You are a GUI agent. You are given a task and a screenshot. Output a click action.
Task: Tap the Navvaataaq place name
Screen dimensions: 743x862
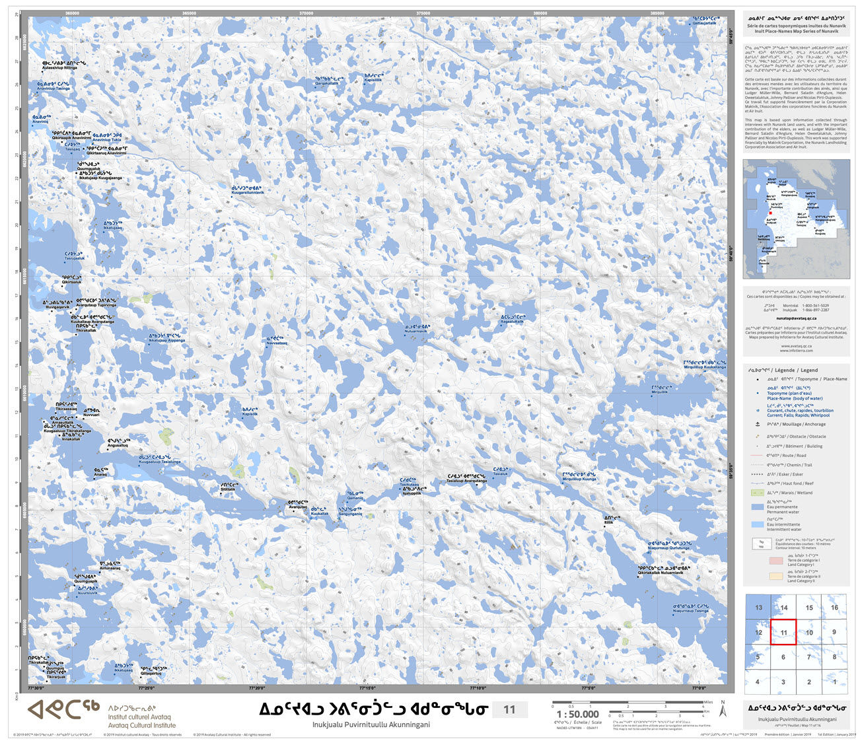(277, 343)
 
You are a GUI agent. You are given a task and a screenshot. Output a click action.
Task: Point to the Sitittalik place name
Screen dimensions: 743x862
(228, 489)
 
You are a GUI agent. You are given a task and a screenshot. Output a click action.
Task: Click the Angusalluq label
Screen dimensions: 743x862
(118, 446)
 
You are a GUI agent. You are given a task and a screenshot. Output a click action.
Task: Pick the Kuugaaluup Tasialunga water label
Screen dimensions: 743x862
(159, 462)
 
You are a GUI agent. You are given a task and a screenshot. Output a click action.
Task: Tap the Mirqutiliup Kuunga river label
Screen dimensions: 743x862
(579, 479)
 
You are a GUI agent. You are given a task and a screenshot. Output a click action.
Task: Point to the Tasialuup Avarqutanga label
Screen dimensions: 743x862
(466, 481)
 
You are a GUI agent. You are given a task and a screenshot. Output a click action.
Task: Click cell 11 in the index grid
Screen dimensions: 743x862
(783, 632)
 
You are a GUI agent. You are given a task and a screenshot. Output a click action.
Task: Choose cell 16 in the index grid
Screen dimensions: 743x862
(834, 607)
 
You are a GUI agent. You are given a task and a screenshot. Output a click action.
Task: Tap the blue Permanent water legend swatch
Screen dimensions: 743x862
(758, 507)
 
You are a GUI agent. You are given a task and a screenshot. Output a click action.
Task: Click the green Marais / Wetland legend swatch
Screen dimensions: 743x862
(758, 493)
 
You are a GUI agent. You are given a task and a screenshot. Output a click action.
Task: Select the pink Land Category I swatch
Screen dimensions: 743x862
(775, 561)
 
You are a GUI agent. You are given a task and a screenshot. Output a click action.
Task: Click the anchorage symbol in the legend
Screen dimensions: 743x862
(757, 425)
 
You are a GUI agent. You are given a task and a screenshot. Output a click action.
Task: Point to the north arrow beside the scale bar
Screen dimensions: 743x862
(723, 711)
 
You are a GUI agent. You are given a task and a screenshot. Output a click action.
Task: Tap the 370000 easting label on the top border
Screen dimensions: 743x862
(306, 13)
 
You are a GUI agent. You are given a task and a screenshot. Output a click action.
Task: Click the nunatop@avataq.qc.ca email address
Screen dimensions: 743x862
(796, 318)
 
